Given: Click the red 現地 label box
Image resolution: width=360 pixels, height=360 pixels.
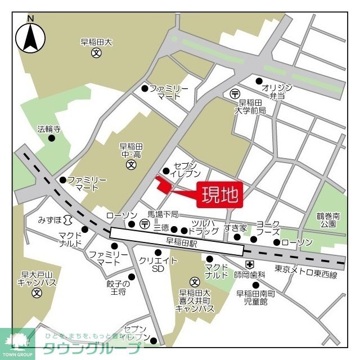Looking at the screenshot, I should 219,195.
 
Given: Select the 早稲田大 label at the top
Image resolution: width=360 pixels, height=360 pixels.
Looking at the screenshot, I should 96,42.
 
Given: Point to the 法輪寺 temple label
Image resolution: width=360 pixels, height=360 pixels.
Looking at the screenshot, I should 49,129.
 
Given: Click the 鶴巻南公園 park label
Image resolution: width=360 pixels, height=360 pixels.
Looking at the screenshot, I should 328,219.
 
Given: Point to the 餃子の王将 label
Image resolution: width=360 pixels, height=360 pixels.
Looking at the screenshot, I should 118,287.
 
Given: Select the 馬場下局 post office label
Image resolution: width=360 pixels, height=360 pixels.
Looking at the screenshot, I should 163,214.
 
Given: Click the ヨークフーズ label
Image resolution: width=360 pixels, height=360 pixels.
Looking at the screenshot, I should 268,227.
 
